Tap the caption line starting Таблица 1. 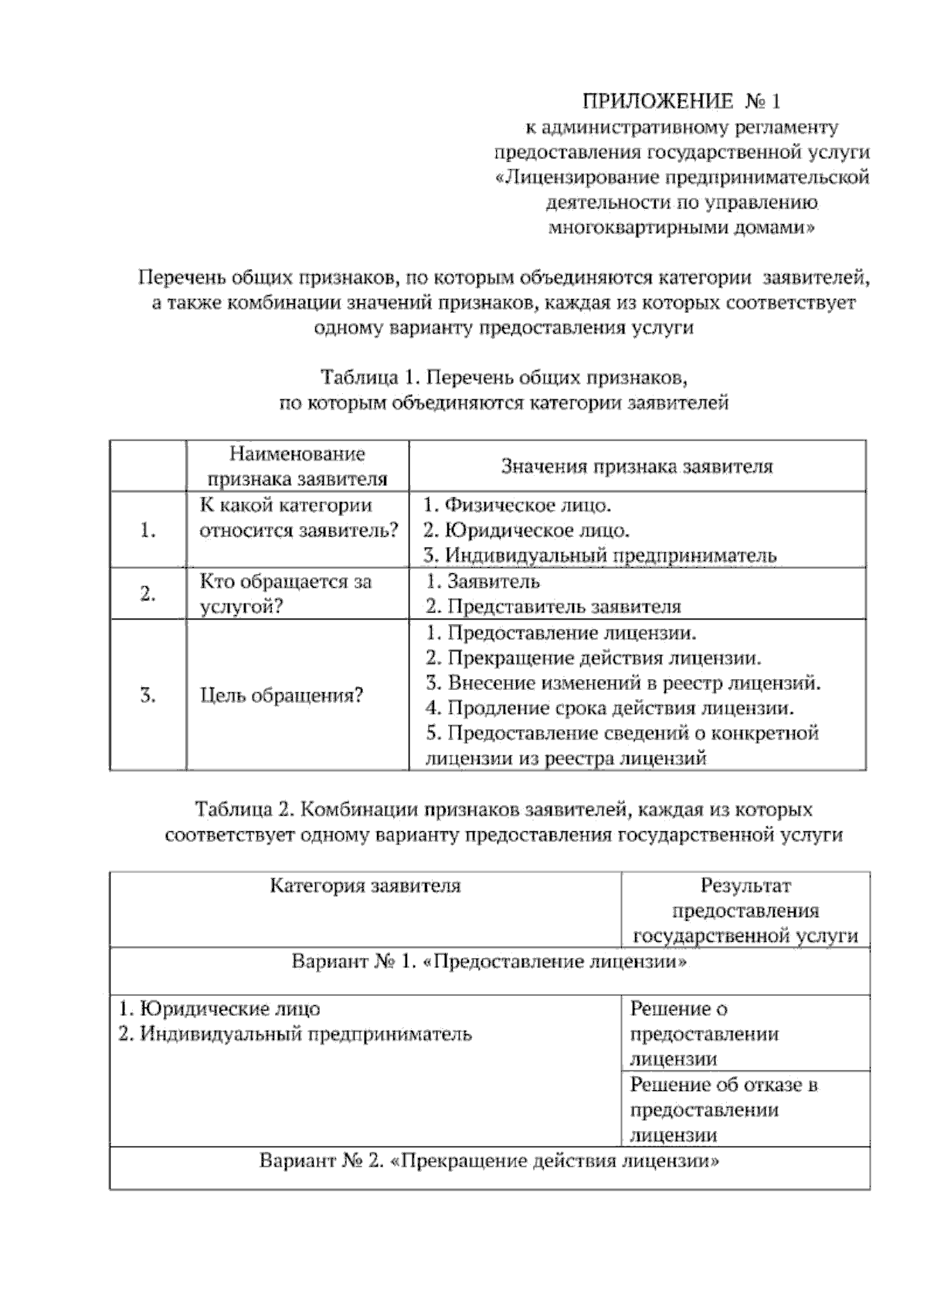coord(504,378)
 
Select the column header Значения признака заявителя coord(637,467)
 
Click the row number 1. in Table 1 coord(148,530)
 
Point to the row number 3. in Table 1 coord(148,695)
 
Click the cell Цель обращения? coord(281,695)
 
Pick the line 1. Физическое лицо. coord(518,506)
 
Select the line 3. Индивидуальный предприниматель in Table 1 coord(600,555)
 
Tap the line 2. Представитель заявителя coord(553,606)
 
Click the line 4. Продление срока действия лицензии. coord(610,708)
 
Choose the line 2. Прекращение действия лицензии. coord(593,658)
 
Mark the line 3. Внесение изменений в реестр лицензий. coord(623,683)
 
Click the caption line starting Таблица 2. coord(504,810)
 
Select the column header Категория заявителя coord(365,886)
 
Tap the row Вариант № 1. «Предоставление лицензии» coord(489,963)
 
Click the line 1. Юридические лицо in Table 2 coord(219,1009)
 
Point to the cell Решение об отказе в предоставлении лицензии coord(724,1109)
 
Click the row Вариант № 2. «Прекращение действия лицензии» coord(489,1161)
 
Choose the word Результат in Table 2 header coord(745,886)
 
